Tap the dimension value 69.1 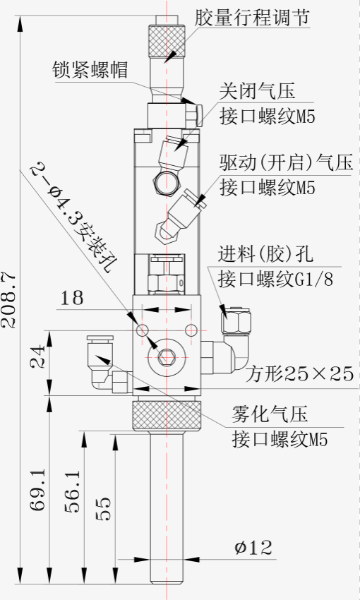pos(38,490)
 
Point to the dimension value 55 pos(103,509)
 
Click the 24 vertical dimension pos(38,356)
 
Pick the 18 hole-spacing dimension pos(71,298)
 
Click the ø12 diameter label pos(253,548)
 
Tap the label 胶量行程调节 pos(252,18)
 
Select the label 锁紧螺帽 pos(90,70)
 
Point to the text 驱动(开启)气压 pos(286,162)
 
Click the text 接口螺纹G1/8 pos(275,280)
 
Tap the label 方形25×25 pos(299,373)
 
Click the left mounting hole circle pos(142,330)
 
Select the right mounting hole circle pos(190,330)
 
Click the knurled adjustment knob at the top pos(167,40)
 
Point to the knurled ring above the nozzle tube pos(167,415)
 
